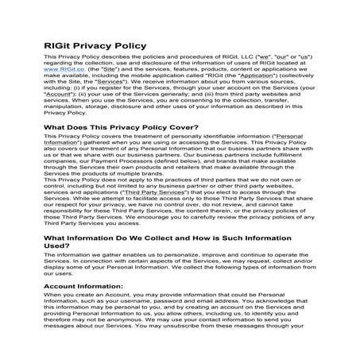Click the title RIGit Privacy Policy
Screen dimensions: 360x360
(95, 45)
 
